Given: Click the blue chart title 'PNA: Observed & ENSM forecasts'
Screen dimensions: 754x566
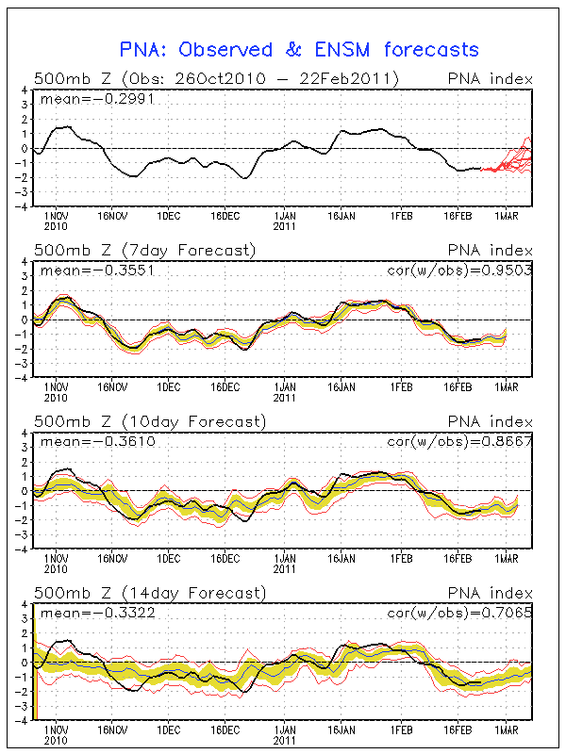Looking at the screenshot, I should click(299, 49).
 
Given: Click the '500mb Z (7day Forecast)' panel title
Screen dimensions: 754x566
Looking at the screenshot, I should click(144, 251).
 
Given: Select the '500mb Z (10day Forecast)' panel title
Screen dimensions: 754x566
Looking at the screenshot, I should click(149, 421).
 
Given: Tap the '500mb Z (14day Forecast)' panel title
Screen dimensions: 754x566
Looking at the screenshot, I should click(149, 593).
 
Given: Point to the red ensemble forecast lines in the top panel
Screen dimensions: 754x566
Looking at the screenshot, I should click(514, 158).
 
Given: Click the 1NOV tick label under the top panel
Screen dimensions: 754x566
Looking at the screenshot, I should click(56, 217).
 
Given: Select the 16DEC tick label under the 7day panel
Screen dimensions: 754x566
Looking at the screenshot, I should click(225, 387).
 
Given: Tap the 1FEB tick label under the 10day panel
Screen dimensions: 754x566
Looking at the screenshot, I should click(403, 559).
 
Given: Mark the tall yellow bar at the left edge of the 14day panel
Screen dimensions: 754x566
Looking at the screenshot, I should click(34, 661).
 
